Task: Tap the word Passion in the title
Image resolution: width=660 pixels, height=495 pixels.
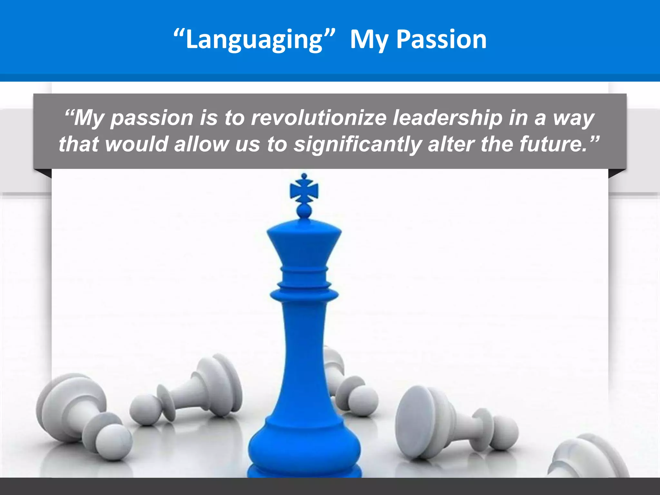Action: click(441, 39)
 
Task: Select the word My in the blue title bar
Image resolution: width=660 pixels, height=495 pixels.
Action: click(369, 39)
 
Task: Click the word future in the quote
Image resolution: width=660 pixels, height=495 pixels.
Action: click(553, 144)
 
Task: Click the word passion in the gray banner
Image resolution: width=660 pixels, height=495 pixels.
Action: click(151, 118)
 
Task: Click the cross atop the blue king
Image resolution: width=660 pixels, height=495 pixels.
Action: click(304, 189)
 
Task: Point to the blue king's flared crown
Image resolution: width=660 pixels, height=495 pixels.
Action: click(304, 245)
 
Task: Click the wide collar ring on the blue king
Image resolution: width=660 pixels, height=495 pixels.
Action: click(304, 294)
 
